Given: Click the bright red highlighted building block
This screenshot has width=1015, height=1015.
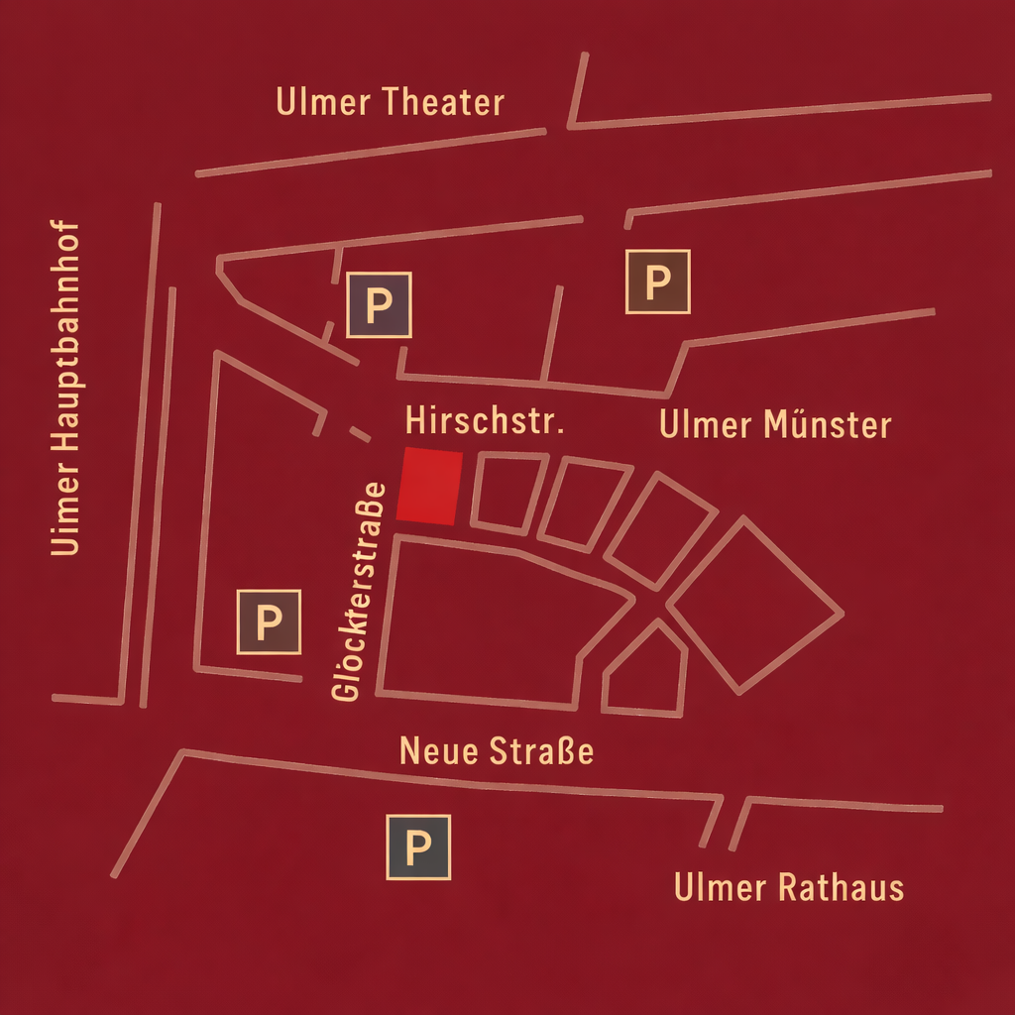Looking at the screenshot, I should [429, 486].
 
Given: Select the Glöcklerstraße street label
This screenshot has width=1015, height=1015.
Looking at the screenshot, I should [358, 593].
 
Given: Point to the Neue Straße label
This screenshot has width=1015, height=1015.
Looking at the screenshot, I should [497, 751].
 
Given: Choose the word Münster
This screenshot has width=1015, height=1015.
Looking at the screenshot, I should [828, 424].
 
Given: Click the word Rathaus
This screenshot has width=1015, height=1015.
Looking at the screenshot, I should [841, 887].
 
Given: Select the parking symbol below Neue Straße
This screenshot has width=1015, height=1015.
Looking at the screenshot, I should [418, 847].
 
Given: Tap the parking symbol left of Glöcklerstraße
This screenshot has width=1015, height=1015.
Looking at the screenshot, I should [268, 622].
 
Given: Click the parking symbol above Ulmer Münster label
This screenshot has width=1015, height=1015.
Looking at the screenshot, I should [657, 282].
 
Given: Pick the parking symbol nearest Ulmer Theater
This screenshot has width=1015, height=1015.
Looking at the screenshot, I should [379, 304].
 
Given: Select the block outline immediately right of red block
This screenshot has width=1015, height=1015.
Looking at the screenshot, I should [508, 492].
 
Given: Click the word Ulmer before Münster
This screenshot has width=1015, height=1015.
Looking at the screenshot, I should [705, 424].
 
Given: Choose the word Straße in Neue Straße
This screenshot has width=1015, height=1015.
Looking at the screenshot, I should [542, 751].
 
